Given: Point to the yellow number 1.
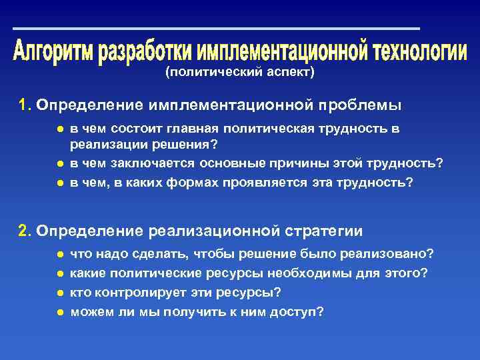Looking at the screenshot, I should click(x=24, y=105).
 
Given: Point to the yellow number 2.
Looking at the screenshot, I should click(x=24, y=231).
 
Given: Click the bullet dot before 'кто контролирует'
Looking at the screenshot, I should click(x=60, y=292).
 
